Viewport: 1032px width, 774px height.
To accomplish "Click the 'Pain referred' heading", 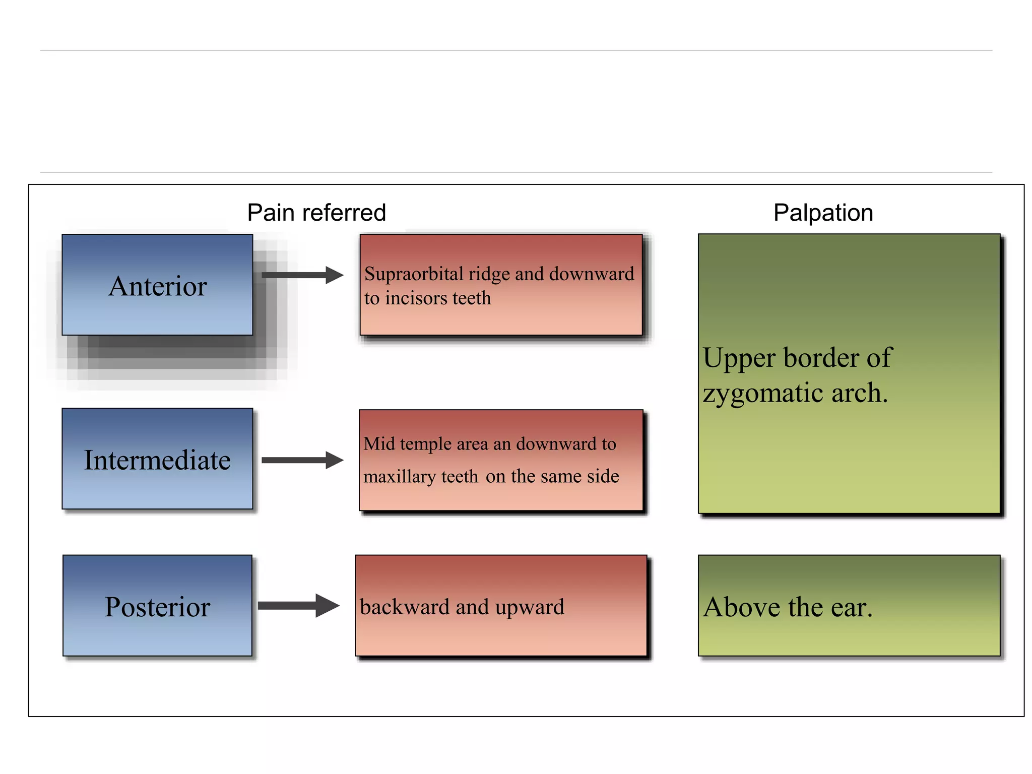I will click(316, 213).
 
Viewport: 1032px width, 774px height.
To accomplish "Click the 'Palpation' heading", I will click(823, 213).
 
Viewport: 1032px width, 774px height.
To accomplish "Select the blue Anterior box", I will click(157, 285).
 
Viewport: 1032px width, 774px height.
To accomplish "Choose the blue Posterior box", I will click(157, 606).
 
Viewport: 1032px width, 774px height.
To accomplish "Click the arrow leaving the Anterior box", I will click(302, 275).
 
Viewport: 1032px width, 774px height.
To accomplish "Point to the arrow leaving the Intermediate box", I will click(302, 460).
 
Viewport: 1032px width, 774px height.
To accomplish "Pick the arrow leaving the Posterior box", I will click(298, 606).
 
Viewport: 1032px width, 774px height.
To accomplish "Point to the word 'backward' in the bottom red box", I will click(405, 607).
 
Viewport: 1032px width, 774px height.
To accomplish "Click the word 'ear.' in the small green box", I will click(851, 607).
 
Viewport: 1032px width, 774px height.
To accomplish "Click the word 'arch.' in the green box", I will click(859, 393).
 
